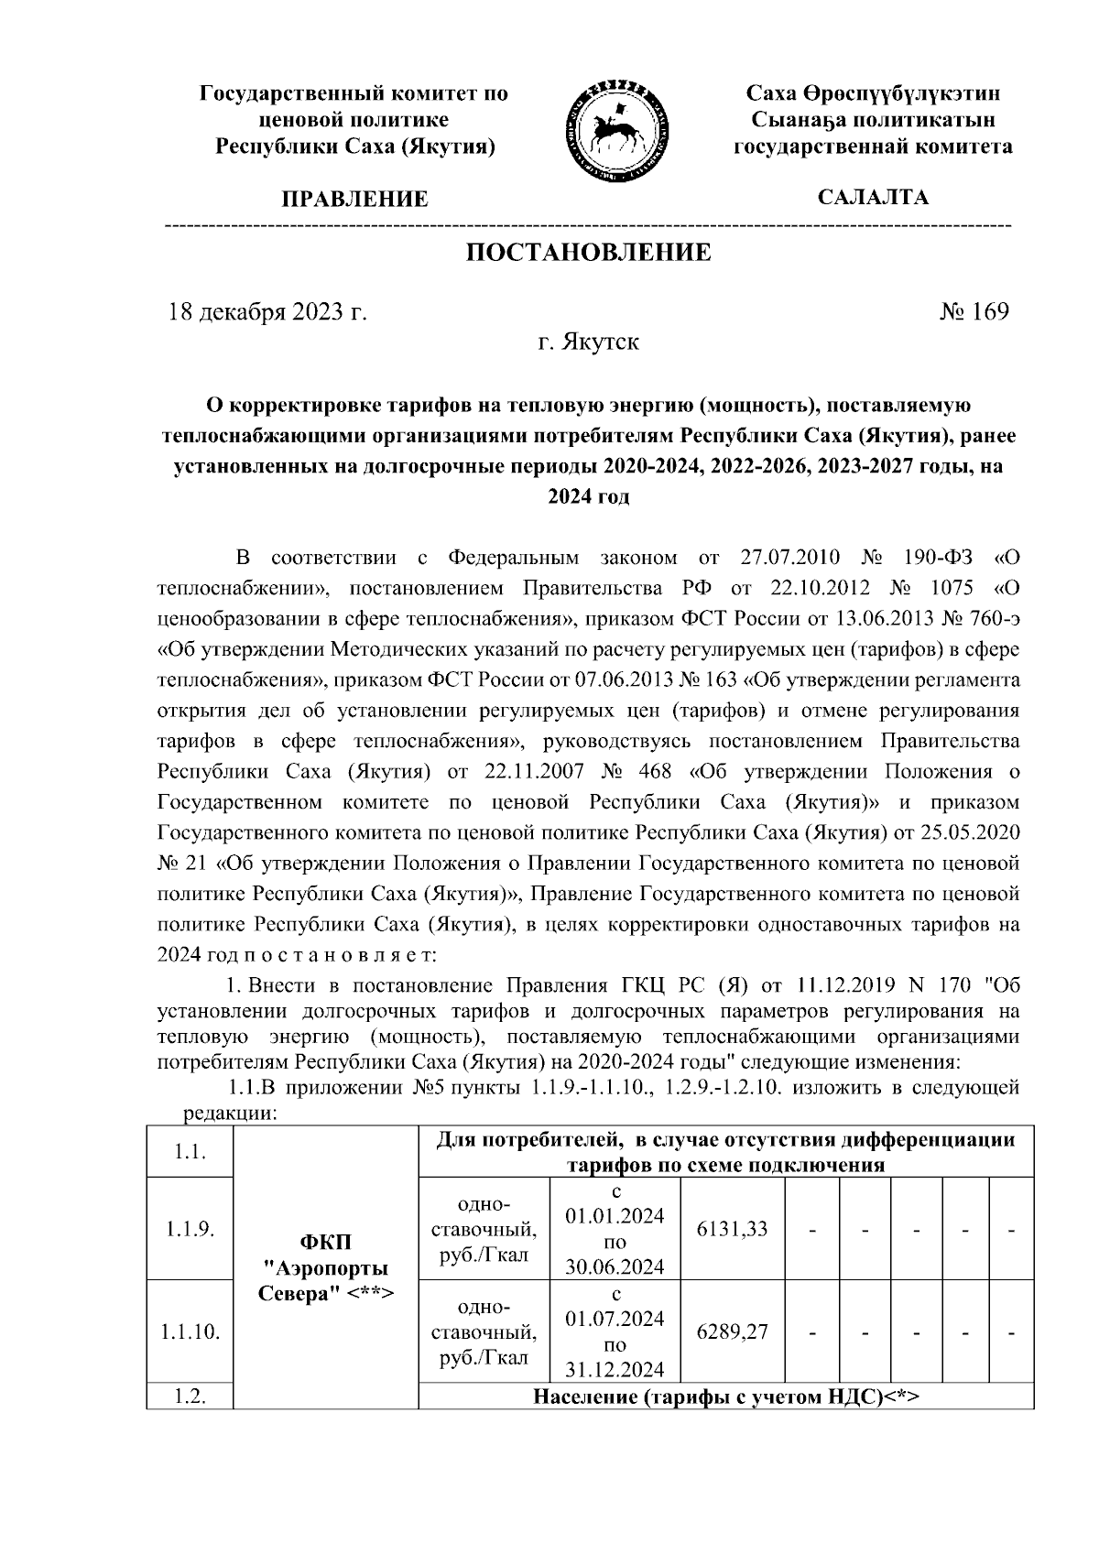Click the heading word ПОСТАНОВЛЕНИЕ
pyautogui.click(x=588, y=253)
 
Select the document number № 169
pyautogui.click(x=974, y=311)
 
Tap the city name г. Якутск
pyautogui.click(x=588, y=342)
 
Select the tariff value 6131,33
pyautogui.click(x=732, y=1229)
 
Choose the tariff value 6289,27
pyautogui.click(x=732, y=1331)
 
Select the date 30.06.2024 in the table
pyautogui.click(x=615, y=1267)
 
